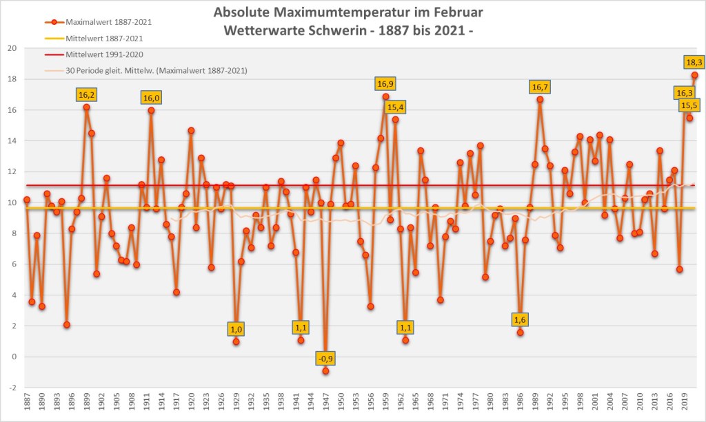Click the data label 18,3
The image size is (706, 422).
click(x=694, y=61)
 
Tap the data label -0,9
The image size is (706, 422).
click(x=325, y=359)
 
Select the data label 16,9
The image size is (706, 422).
click(x=385, y=84)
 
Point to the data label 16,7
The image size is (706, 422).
click(x=540, y=87)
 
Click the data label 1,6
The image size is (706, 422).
click(x=520, y=320)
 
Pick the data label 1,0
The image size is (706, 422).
click(x=236, y=329)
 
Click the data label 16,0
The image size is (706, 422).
click(x=151, y=98)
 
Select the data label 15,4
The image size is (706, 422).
click(x=396, y=107)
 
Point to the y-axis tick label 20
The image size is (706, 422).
click(x=12, y=48)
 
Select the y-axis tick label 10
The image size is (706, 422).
click(x=12, y=203)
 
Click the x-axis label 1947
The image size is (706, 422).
click(x=325, y=403)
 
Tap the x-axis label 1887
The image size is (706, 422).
click(x=27, y=403)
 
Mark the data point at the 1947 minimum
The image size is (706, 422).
click(x=325, y=371)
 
